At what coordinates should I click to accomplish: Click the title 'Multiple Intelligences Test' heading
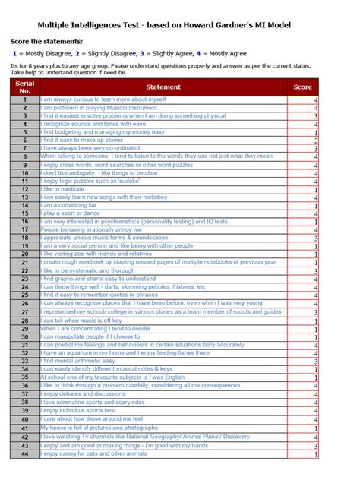click(x=179, y=25)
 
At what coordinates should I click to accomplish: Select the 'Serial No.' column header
click(x=25, y=87)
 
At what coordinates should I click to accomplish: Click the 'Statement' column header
click(x=163, y=87)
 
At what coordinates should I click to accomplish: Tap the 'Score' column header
click(x=302, y=87)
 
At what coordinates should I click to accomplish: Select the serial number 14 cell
click(x=25, y=205)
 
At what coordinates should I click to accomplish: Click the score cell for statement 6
click(x=302, y=141)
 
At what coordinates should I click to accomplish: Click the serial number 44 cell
click(x=25, y=453)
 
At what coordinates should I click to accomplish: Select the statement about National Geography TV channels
click(x=144, y=437)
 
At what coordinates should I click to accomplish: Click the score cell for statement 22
click(x=302, y=271)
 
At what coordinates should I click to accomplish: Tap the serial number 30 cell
click(x=25, y=337)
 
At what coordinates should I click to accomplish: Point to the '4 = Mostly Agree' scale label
click(x=218, y=55)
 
